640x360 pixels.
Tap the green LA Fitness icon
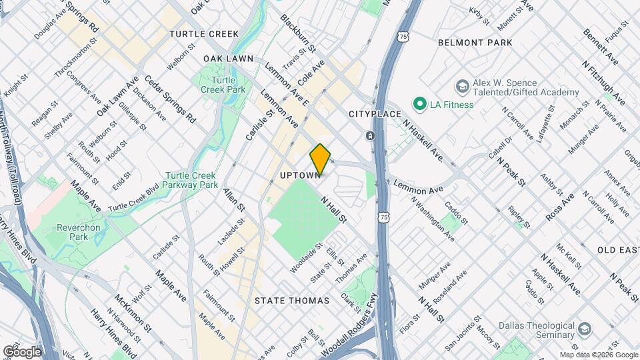419,104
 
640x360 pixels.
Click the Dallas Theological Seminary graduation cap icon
585,329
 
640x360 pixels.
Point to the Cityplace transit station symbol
371,136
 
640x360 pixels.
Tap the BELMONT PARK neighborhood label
475,43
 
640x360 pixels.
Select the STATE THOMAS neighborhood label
292,301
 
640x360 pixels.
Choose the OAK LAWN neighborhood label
229,59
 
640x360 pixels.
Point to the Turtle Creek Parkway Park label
191,180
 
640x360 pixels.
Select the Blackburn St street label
298,33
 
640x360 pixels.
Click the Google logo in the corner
21,351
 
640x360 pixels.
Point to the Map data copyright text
598,355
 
